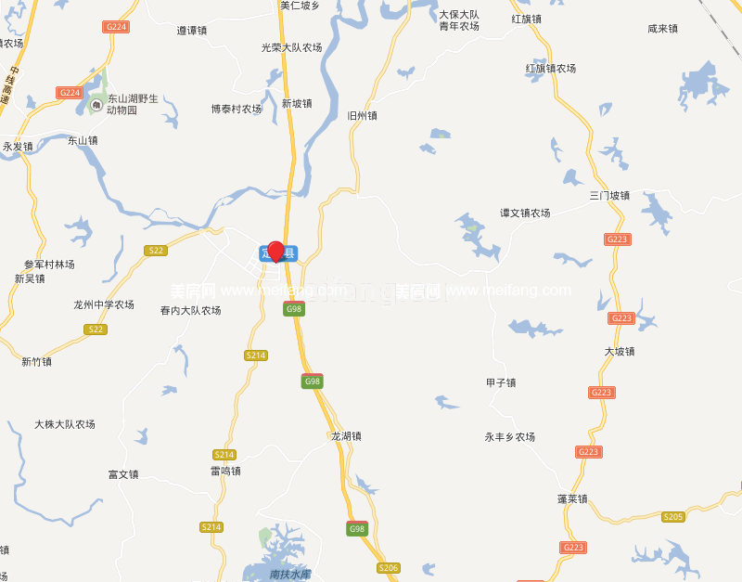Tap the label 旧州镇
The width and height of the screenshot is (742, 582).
(x=362, y=116)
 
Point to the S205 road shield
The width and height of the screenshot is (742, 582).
(x=673, y=517)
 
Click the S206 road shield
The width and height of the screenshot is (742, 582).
(x=388, y=567)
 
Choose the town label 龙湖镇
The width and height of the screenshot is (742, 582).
(x=346, y=435)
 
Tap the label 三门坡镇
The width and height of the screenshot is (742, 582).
(x=609, y=196)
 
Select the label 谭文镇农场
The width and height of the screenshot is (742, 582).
(x=525, y=213)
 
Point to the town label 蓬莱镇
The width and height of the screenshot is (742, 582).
(x=572, y=498)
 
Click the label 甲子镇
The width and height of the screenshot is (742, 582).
(x=501, y=382)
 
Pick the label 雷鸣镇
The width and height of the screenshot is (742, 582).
(x=225, y=471)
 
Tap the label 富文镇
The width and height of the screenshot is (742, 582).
(x=123, y=474)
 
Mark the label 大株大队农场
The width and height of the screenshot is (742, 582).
(x=65, y=424)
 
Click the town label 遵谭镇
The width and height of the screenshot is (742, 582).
(x=192, y=31)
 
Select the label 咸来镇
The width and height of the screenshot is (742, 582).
(x=662, y=29)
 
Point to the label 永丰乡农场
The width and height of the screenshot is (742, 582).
(x=510, y=436)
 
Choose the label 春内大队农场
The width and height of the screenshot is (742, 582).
(x=190, y=310)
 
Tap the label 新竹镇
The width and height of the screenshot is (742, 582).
(x=37, y=362)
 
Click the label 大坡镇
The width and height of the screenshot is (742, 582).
(x=620, y=352)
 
